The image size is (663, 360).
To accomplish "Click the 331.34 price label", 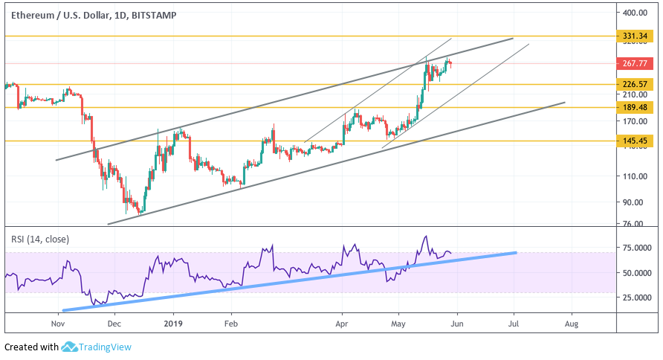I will click(637, 36).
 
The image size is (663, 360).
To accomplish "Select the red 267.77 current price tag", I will click(637, 64).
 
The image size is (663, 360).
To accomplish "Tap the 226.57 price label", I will click(637, 84).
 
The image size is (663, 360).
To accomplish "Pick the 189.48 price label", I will click(637, 107).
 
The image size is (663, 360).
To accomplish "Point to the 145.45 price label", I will click(637, 141).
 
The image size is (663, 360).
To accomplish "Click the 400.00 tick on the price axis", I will click(637, 13).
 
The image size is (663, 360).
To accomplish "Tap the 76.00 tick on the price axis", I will click(634, 224).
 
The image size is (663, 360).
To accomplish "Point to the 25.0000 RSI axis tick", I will click(638, 298).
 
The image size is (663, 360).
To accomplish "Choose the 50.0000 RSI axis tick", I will click(638, 273).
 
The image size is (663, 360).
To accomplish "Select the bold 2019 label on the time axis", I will click(172, 324).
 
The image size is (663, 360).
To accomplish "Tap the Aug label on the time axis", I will click(572, 324).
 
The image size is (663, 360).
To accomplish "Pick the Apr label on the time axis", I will click(342, 324).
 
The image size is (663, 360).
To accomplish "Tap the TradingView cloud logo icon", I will click(70, 347).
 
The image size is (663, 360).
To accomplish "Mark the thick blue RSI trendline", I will click(297, 280).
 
